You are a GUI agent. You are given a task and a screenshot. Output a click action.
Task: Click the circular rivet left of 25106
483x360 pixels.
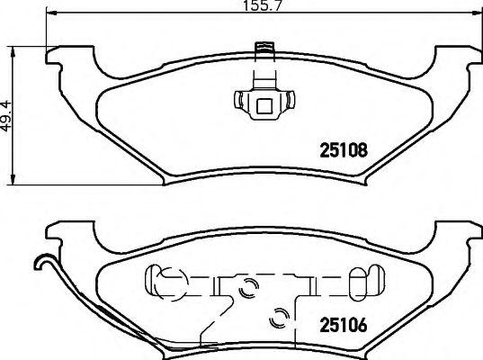point(280,317)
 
